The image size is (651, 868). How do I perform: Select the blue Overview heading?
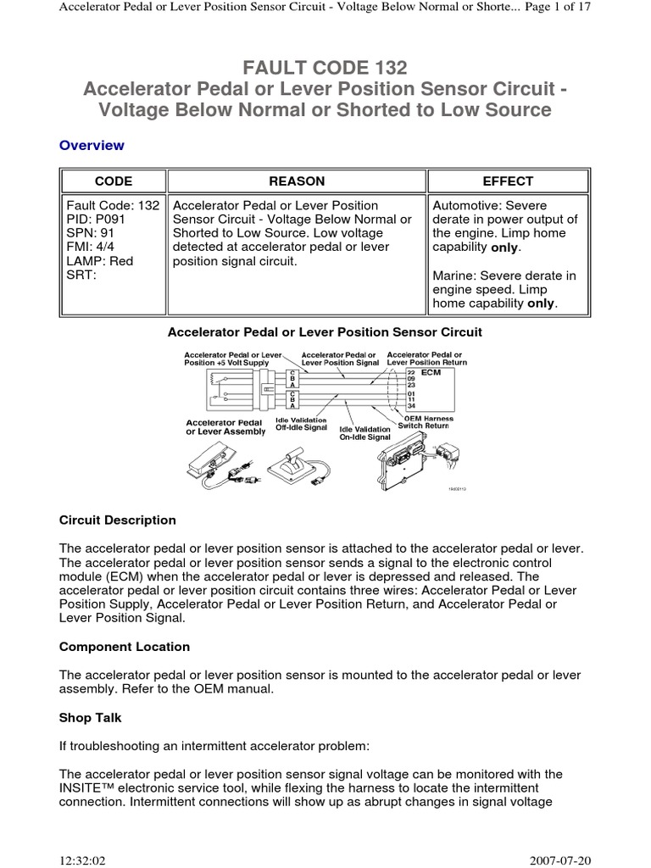[x=92, y=145]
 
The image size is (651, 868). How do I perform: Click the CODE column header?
[x=113, y=181]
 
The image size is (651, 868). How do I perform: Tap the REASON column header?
[x=296, y=181]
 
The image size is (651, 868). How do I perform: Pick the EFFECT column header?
[x=508, y=181]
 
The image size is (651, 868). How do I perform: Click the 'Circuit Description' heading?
[x=118, y=520]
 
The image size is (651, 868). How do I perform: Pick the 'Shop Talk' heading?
[x=91, y=717]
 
